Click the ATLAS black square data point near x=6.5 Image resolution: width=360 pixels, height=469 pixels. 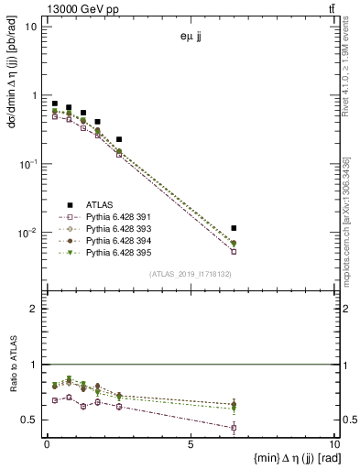[235, 228]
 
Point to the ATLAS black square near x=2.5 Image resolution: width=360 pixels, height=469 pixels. [119, 139]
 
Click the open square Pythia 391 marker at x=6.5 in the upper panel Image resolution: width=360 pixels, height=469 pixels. [235, 251]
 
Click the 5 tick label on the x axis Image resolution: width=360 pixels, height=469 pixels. [191, 445]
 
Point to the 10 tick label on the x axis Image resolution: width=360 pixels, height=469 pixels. [333, 445]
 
